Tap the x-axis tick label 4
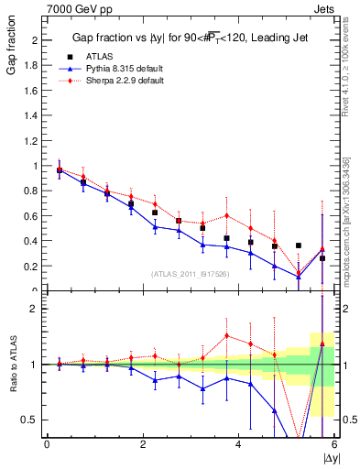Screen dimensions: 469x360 click(239, 445)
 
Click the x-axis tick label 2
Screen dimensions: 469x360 click(143, 445)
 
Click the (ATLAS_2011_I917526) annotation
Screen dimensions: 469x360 click(191, 275)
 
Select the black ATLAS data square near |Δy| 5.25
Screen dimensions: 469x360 click(299, 245)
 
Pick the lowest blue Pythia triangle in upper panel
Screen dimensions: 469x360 click(299, 277)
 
